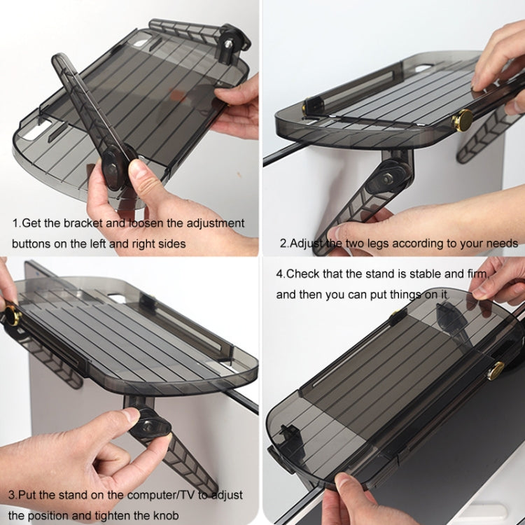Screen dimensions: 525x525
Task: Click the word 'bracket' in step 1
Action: point(83,223)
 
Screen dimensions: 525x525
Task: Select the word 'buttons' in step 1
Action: point(31,244)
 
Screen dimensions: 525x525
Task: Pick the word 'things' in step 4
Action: point(404,295)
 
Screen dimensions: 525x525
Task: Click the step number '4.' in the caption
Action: point(281,274)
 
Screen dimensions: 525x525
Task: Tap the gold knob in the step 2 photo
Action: point(463,120)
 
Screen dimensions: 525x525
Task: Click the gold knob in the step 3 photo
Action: point(13,316)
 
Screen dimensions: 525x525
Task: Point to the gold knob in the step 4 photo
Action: point(496,370)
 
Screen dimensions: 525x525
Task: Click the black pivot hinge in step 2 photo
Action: point(388,178)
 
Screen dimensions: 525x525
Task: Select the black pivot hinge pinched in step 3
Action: point(148,425)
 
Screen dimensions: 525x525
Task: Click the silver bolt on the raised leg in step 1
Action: point(228,44)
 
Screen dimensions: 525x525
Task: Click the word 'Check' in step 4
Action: point(303,274)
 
